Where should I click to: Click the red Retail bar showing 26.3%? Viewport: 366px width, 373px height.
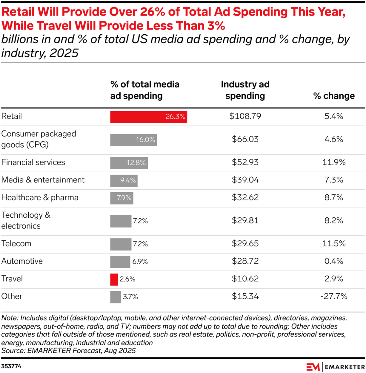point(148,117)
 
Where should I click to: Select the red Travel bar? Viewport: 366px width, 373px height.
point(114,279)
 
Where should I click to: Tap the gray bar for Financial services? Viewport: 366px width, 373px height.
point(129,163)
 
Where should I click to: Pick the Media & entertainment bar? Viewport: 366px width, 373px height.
point(124,180)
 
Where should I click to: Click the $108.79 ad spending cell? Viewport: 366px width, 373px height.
point(245,116)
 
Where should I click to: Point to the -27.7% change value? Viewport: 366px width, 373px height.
point(334,297)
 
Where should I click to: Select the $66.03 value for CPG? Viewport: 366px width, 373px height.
point(245,139)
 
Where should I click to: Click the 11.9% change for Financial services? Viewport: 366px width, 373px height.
point(334,162)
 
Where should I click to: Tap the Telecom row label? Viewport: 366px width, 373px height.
point(16,243)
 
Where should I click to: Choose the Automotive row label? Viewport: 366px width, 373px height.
point(22,261)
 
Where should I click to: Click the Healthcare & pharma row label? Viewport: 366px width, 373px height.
point(40,197)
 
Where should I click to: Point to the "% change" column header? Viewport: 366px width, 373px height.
point(334,96)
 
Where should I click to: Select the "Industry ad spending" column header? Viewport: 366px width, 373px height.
point(245,90)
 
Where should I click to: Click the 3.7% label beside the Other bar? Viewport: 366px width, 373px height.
point(130,297)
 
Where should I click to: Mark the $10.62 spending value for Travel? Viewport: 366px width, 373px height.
point(245,279)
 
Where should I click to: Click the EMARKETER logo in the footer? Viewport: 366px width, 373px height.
point(335,367)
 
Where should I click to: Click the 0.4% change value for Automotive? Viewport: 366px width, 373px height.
point(334,261)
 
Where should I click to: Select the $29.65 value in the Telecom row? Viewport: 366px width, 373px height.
point(245,243)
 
